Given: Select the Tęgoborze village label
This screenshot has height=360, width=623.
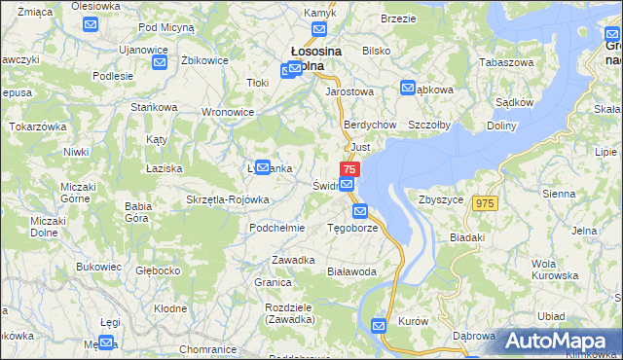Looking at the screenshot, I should click(x=351, y=229).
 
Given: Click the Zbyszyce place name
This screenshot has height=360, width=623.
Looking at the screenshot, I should click(x=441, y=198).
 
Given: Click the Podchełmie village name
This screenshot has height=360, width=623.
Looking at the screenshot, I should click(x=277, y=228).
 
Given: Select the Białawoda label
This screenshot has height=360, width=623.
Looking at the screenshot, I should click(x=352, y=271).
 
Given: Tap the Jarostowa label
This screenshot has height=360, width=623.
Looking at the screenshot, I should click(x=350, y=91).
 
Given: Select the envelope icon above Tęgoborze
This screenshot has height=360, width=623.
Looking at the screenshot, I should click(x=360, y=211).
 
